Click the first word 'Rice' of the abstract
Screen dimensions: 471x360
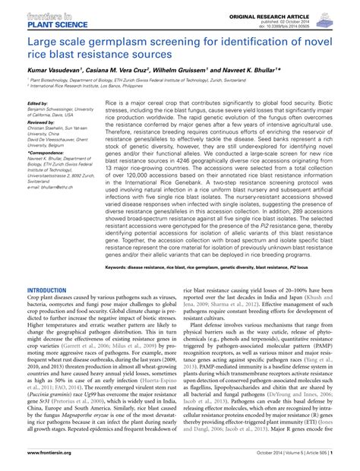[x=112, y=100]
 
